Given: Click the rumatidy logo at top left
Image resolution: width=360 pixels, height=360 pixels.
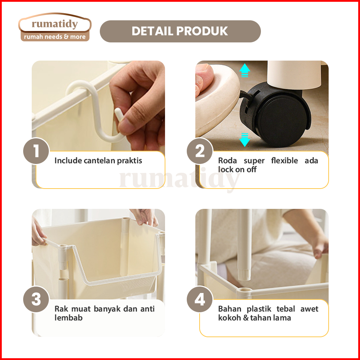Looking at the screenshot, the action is coord(55,27).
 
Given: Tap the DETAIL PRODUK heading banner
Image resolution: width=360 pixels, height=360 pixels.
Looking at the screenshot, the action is coord(180,31).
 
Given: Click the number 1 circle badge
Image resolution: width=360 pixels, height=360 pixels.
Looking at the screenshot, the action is coord(36,151).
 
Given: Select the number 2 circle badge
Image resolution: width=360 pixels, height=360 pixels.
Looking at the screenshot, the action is coord(200,151).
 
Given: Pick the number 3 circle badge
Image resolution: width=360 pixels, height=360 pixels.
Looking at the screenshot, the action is coord(36,299).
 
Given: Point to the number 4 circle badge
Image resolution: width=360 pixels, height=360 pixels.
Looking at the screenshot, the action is coord(200,299).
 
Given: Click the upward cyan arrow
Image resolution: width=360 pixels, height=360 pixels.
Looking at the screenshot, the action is coord(245,70).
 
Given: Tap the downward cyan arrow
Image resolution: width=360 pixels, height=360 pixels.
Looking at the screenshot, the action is coord(245,140).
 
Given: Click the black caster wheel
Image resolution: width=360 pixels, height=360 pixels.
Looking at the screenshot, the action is coord(276,115).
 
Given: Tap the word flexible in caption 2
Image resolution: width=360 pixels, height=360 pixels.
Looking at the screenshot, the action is coord(284,160).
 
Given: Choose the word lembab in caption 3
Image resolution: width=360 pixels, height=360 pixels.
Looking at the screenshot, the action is coord(68,318).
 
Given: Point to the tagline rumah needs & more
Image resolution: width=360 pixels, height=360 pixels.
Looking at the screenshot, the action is coord(55,37).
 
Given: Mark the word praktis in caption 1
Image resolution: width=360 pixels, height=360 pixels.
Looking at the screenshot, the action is coord(129,161).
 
